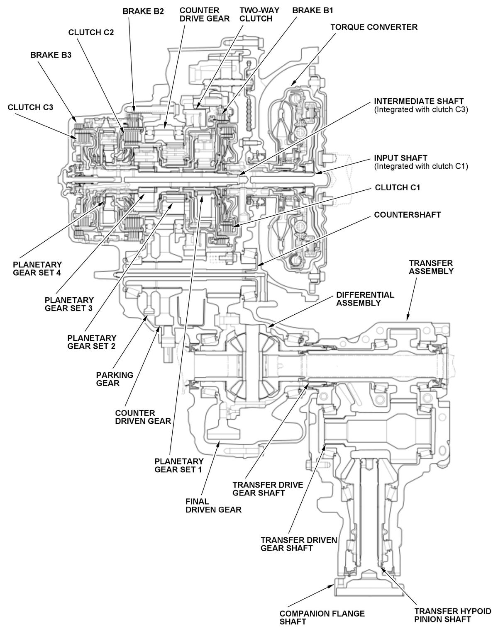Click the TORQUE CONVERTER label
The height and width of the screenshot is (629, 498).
[x=373, y=27]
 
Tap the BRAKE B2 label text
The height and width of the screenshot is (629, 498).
[x=143, y=12]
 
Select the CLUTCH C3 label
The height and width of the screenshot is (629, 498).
[x=30, y=107]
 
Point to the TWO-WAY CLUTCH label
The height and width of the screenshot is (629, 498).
[x=256, y=14]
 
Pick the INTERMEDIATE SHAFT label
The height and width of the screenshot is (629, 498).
[x=419, y=101]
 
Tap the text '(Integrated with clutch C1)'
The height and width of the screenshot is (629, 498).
[x=421, y=166]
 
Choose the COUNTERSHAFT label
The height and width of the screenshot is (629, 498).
[x=407, y=215]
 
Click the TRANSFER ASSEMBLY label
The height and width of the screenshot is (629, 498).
[x=431, y=267]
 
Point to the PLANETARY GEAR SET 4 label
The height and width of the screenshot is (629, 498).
[x=37, y=269]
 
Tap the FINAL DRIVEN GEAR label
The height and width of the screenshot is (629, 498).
[x=213, y=505]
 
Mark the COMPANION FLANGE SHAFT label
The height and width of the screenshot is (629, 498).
[x=322, y=617]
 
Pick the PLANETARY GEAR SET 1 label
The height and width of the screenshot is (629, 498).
[x=179, y=465]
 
